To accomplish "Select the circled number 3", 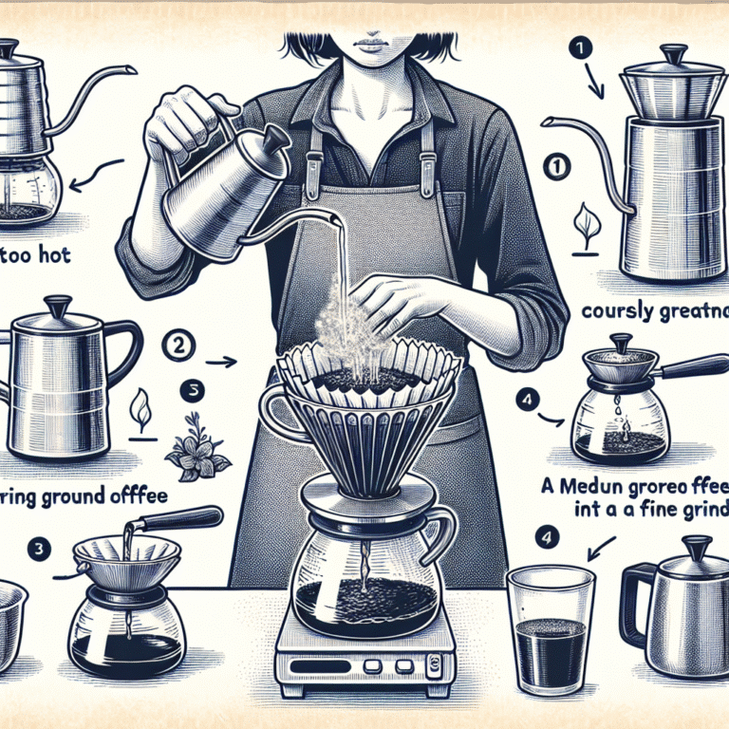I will (x=36, y=549).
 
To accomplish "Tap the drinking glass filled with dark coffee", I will (x=551, y=626).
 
